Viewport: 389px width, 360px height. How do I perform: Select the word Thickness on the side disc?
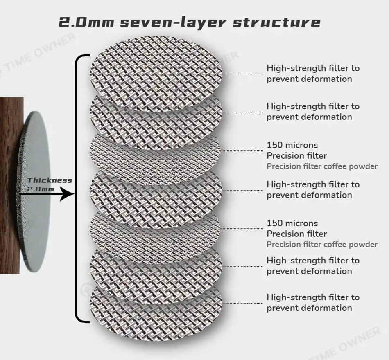pos(50,180)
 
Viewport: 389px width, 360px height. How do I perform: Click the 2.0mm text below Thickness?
pos(41,189)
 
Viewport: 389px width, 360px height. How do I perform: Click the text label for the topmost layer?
pos(313,74)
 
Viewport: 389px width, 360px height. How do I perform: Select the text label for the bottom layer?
pos(313,303)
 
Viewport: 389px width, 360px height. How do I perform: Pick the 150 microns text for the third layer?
pos(292,145)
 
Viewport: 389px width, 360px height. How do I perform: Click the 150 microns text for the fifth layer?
pos(292,223)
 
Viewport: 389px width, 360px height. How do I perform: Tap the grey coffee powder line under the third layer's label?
pos(322,166)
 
